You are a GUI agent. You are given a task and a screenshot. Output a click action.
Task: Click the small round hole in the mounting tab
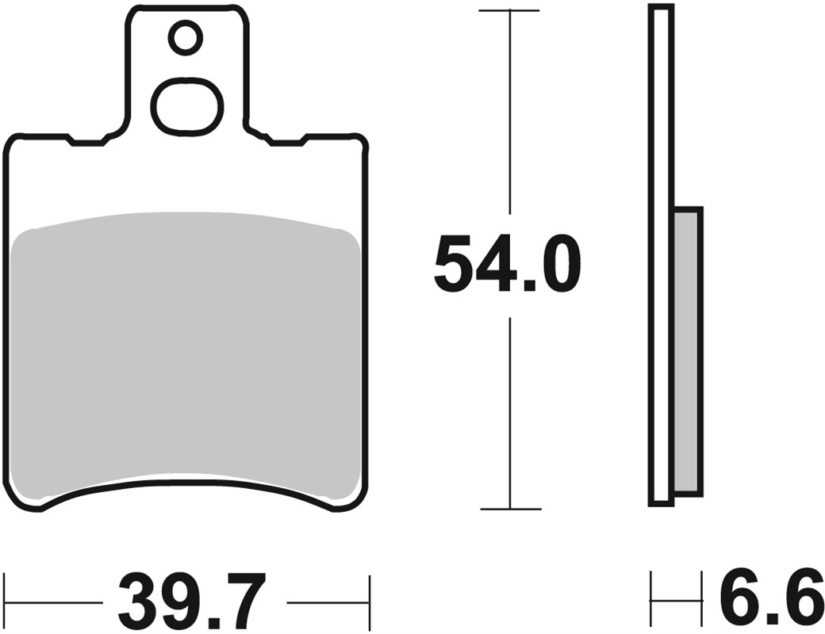(x=186, y=38)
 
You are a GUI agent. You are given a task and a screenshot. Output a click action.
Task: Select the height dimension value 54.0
(x=508, y=264)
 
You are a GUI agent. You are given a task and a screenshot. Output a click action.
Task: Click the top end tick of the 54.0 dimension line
(x=508, y=11)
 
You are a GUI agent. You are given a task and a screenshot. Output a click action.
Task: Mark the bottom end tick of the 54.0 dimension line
(x=508, y=509)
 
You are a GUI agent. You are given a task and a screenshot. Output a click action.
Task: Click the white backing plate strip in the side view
(x=660, y=254)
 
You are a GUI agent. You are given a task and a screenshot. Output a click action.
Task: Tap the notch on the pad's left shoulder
(x=87, y=142)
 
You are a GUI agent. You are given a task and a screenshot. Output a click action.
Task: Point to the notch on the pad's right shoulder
(x=286, y=142)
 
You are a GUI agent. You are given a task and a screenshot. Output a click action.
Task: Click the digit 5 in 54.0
(x=457, y=264)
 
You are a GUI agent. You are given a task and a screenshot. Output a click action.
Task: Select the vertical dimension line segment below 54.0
(x=508, y=412)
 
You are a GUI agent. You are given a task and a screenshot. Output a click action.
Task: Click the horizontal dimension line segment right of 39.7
(x=328, y=602)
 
